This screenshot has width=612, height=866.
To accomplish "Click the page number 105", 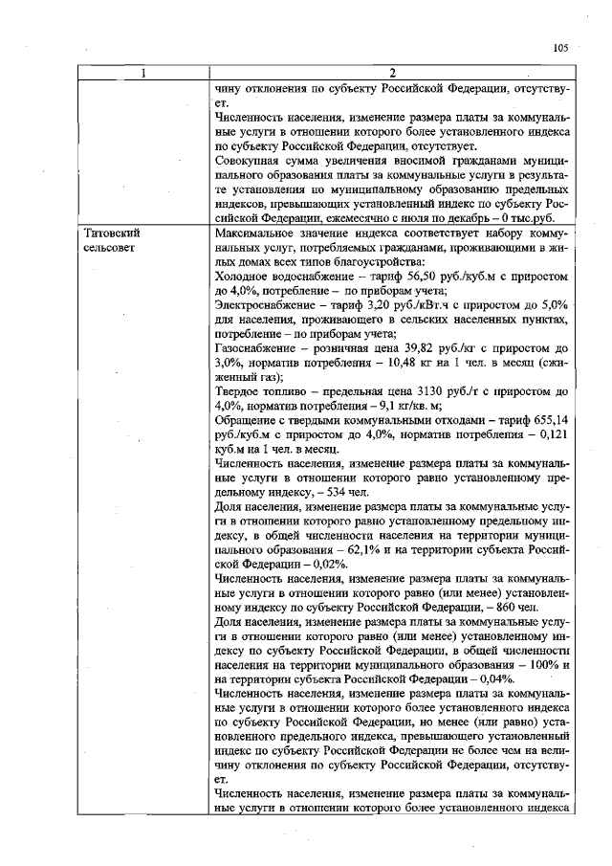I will (560, 47).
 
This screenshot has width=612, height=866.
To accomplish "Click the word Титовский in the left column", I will (113, 233).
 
